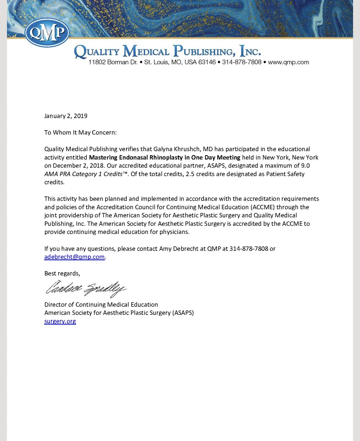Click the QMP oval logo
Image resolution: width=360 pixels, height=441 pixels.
tap(47, 32)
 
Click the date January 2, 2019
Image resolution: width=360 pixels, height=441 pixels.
tap(66, 116)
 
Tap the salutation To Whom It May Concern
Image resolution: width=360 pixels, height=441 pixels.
tap(80, 133)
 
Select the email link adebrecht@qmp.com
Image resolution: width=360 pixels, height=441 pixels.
tap(74, 257)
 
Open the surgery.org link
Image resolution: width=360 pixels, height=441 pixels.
tap(60, 321)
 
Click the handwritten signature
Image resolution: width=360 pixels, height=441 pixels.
tap(86, 288)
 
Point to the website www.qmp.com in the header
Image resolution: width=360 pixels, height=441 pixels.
tap(288, 62)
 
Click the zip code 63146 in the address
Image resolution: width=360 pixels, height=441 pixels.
tap(207, 62)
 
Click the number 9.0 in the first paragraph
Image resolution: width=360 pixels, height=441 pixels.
tap(305, 166)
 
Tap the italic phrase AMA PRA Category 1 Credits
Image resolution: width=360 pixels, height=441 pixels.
tap(83, 174)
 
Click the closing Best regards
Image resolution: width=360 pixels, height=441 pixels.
tap(62, 273)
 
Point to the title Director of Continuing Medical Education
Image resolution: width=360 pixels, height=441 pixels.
tap(101, 304)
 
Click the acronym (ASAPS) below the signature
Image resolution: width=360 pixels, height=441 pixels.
tap(183, 313)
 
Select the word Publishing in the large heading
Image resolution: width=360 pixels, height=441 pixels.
tap(204, 52)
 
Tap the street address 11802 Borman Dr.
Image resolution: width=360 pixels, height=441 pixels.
tap(113, 62)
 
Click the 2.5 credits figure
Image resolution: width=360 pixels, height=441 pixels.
tap(190, 174)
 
